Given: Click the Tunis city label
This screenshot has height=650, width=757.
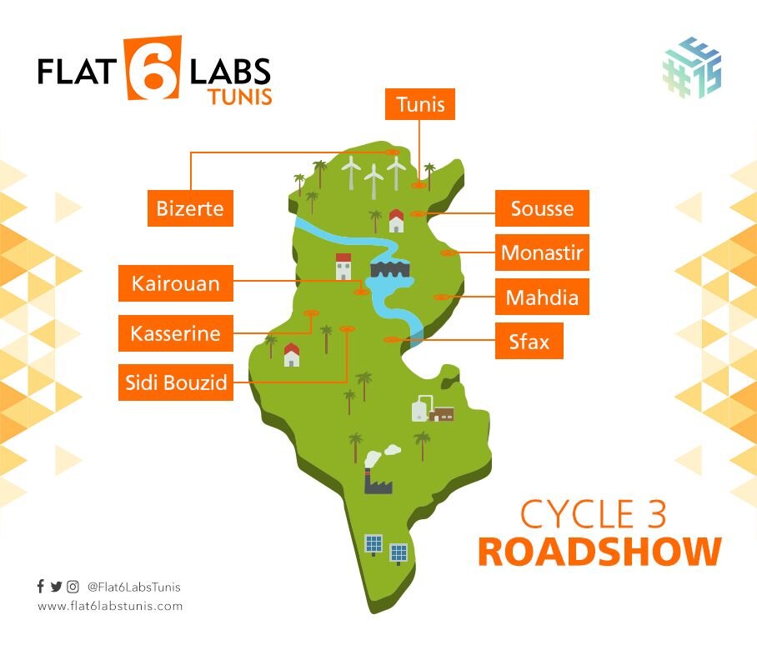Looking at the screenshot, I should tap(420, 105).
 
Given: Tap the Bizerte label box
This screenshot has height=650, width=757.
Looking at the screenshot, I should tap(190, 207).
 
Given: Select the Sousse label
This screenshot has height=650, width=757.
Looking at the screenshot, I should tap(542, 208).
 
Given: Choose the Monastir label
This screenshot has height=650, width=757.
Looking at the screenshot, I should tap(542, 252).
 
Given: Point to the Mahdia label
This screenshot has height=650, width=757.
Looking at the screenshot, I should tap(542, 297).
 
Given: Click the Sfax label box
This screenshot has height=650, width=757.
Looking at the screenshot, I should tap(529, 341).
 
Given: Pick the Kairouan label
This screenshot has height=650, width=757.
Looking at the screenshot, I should tap(176, 284).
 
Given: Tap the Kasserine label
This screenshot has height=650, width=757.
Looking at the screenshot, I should tap(175, 334).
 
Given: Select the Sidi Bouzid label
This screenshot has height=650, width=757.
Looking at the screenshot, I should tap(175, 382).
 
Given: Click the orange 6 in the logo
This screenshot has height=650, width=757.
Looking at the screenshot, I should tap(153, 68).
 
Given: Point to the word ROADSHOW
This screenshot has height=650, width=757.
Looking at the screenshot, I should tap(599, 552).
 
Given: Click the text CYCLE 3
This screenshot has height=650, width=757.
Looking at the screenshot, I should tap(594, 515).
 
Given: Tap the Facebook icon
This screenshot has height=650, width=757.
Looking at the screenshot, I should tap(41, 587).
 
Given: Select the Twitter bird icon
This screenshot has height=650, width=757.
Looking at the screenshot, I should tap(56, 587).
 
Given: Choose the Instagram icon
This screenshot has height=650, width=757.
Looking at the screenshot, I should tap(73, 587).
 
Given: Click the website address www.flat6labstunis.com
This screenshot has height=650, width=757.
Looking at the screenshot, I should tap(109, 606).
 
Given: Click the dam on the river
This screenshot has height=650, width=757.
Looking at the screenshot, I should tap(387, 271).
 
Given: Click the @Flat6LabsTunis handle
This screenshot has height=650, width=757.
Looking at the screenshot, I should tap(133, 587).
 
